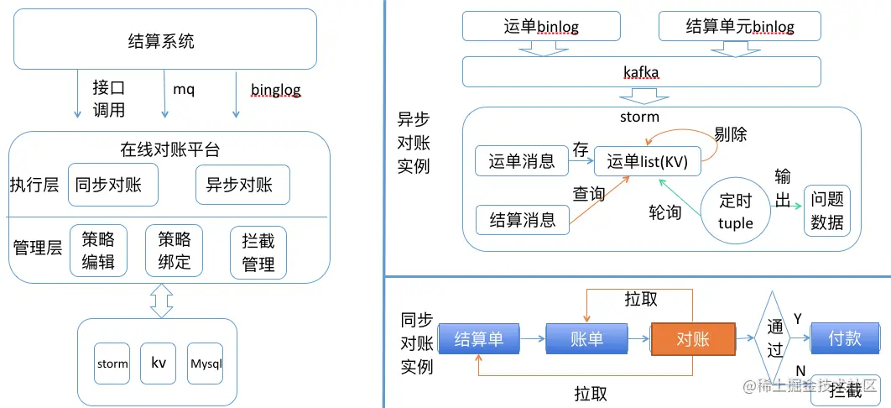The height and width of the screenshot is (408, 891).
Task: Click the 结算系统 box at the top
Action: coord(164,39)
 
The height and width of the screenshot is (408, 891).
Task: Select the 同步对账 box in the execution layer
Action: coord(113,186)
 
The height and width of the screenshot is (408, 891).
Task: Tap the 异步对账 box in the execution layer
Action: coord(242,185)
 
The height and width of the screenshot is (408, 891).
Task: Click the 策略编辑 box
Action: coord(98,251)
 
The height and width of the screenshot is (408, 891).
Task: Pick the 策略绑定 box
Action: coord(175,251)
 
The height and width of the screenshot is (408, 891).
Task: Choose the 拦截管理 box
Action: coord(258,253)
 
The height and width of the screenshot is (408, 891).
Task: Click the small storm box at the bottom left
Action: coord(112,364)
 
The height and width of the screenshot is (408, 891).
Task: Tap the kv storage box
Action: coord(159,364)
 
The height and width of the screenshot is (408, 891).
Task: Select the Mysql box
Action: coord(206,364)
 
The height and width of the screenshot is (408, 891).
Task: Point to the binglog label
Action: coord(275,90)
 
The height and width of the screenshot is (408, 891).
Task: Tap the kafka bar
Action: coord(642,71)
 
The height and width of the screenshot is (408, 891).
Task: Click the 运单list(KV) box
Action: coord(647,161)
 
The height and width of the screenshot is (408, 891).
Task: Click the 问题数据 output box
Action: coord(826,210)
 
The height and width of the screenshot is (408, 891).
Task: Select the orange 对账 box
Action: coord(693,339)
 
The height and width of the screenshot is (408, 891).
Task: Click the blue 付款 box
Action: coord(844,338)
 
